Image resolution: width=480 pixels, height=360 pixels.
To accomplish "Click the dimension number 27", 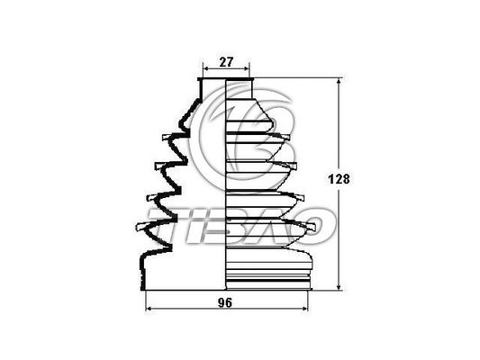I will (227, 62).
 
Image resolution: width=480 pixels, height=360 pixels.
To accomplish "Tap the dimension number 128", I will (339, 179).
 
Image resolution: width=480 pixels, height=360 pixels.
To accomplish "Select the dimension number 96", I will (225, 303).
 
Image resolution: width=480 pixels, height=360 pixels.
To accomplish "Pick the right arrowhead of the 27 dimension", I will (248, 70).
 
